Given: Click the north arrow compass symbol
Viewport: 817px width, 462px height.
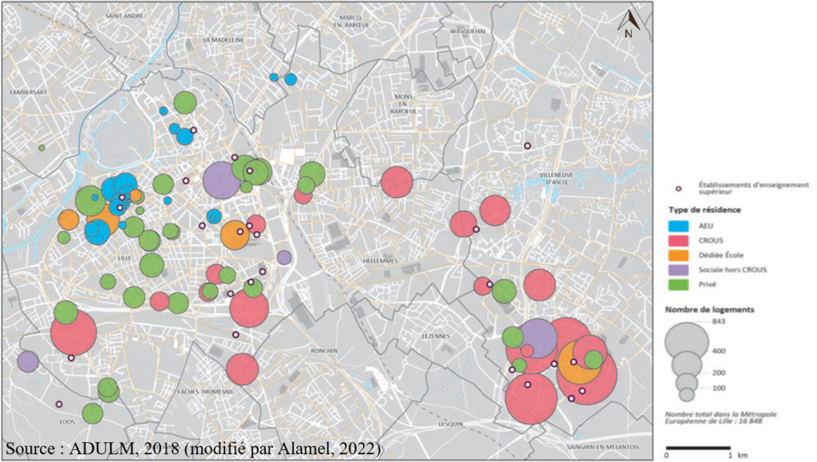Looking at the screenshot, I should click(629, 26).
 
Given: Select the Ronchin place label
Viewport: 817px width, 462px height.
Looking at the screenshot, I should click(325, 349).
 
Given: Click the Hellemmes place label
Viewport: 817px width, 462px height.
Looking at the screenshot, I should click(381, 260).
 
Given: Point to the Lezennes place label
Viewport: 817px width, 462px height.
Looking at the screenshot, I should click(438, 337).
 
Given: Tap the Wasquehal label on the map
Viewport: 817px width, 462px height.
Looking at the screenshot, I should click(468, 31).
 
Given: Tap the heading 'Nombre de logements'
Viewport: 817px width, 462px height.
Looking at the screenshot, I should click(709, 308).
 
